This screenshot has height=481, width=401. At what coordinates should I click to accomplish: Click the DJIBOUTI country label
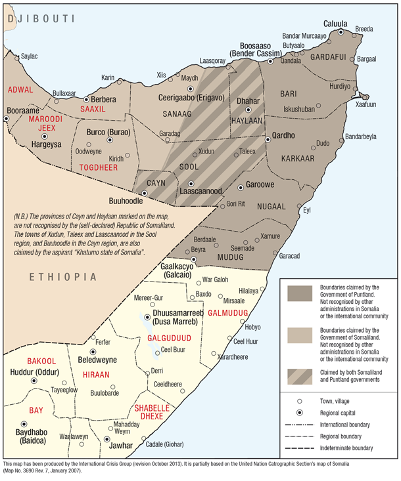[39, 19]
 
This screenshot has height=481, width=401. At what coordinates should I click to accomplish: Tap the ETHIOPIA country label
[62, 278]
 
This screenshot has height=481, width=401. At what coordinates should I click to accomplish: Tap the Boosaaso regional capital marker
[270, 61]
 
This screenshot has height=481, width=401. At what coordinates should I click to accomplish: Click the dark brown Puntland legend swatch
[299, 293]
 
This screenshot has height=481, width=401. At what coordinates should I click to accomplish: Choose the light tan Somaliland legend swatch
[299, 335]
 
